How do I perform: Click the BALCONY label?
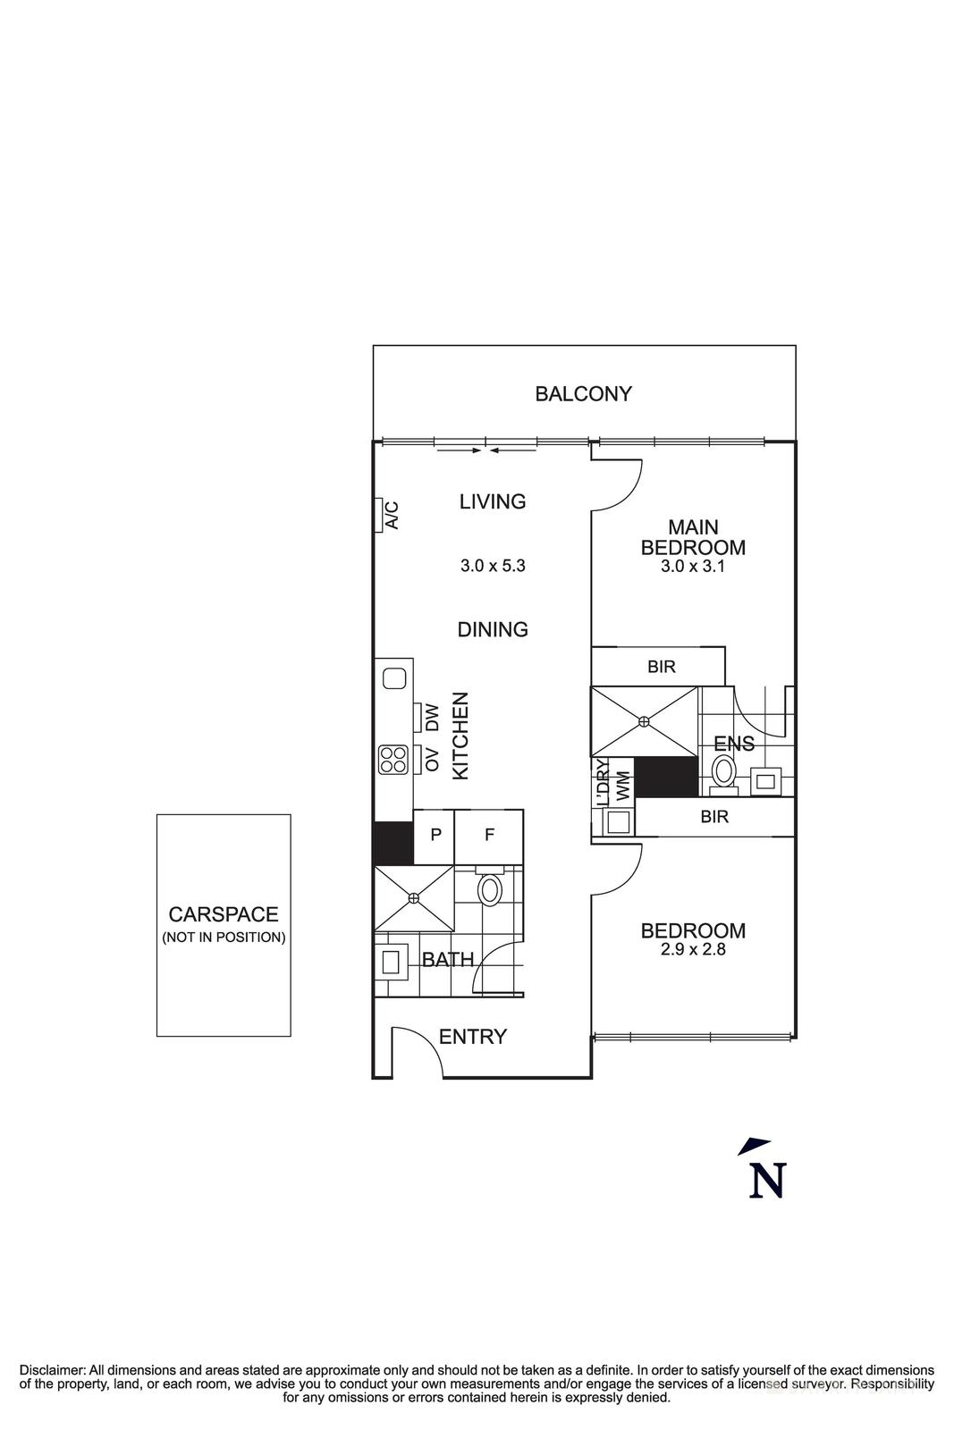tap(583, 394)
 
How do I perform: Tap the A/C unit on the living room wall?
tap(380, 514)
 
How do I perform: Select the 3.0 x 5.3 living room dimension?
tap(493, 566)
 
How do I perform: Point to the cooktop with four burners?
tap(393, 759)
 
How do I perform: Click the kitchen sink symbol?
tap(393, 678)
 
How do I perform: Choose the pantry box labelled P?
tap(435, 836)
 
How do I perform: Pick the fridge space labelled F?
tap(489, 836)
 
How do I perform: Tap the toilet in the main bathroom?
tap(490, 889)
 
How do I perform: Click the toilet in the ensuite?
tap(722, 770)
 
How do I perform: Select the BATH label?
tap(447, 960)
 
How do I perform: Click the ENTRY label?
tap(473, 1037)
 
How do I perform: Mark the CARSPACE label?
tap(224, 914)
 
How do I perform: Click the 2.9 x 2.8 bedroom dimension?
tap(693, 950)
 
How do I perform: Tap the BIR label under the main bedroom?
tap(662, 667)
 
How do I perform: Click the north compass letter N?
tap(767, 1181)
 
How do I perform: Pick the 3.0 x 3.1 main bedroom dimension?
tap(693, 566)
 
